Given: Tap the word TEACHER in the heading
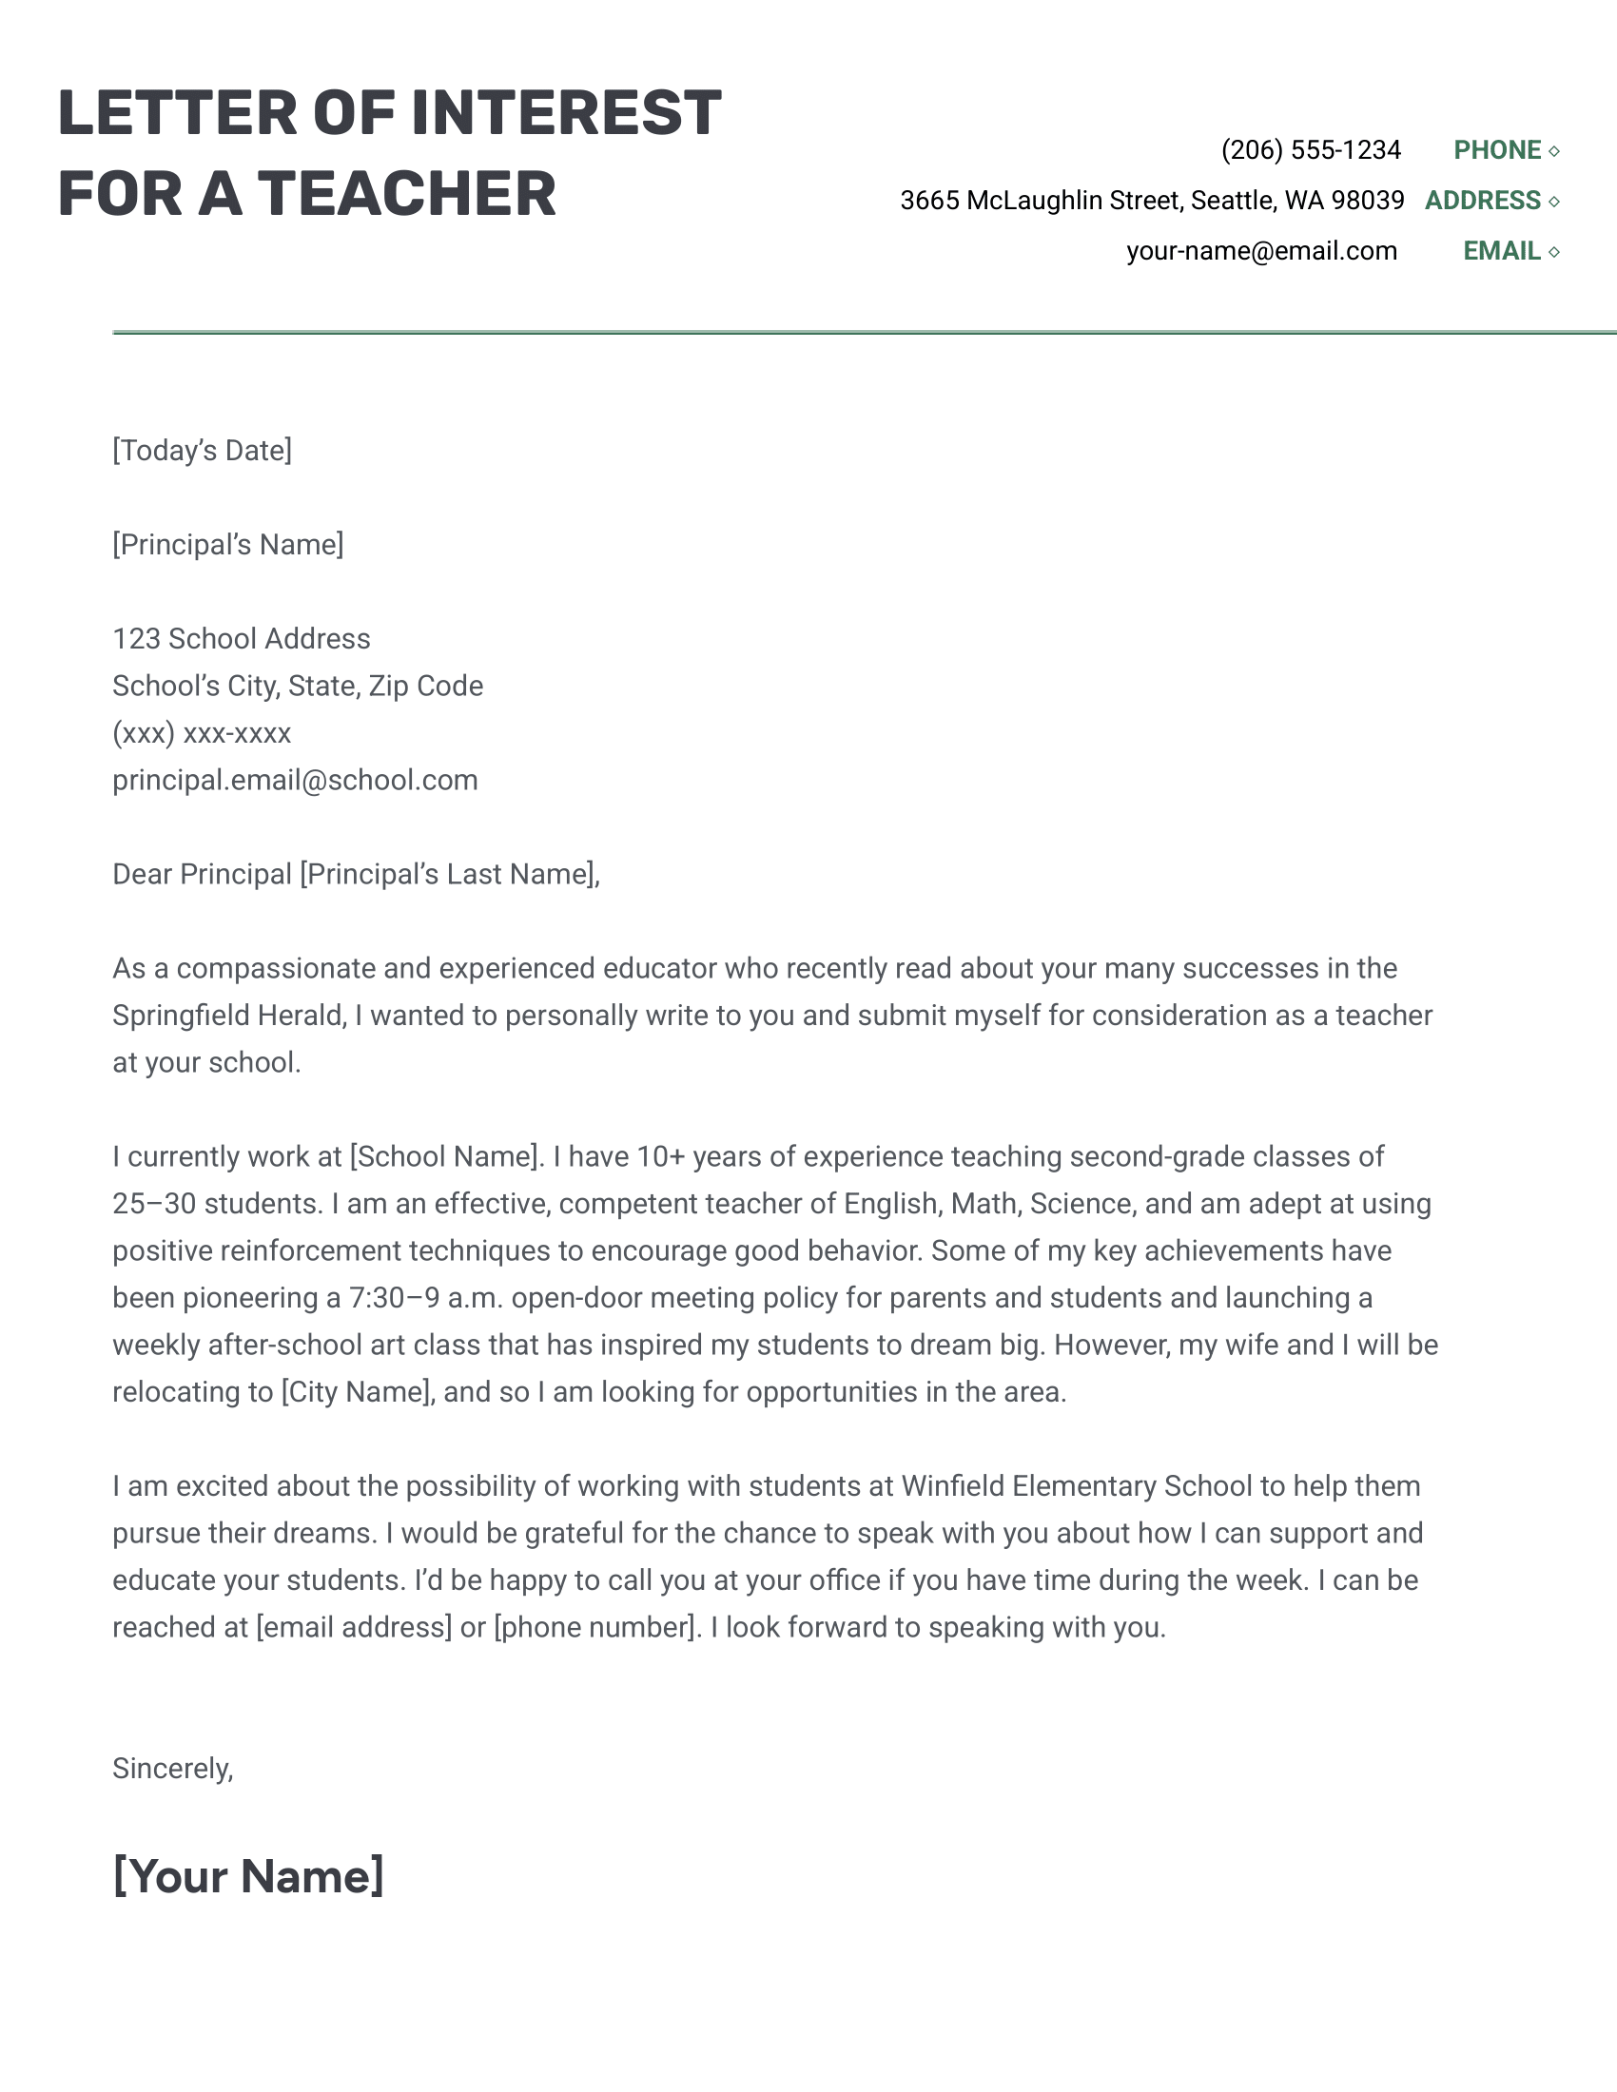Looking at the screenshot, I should pos(406,194).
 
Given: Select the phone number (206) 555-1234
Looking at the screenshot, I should pos(1310,150).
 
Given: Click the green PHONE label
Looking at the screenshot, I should pos(1496,150).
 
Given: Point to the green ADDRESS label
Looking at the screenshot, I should pos(1482,202).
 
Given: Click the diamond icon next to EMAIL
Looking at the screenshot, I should pos(1554,252).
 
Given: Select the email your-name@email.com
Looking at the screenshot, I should pos(1260,252).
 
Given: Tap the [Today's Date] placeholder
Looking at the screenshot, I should pos(201,451).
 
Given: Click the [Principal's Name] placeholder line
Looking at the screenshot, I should pos(227,545).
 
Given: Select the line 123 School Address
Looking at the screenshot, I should pos(241,639).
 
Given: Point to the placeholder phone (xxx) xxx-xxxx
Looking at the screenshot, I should pos(201,734).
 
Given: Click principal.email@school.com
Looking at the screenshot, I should pos(294,781).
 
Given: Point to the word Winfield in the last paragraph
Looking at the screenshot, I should pos(952,1486).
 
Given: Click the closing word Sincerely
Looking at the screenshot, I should pos(170,1769).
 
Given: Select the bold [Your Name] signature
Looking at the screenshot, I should pos(247,1876).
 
